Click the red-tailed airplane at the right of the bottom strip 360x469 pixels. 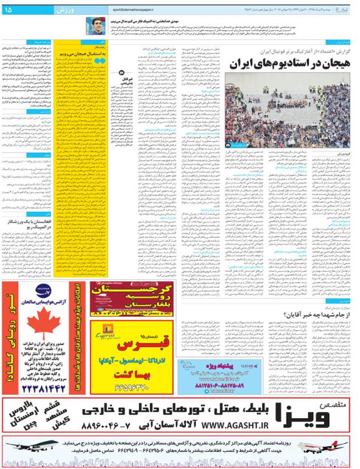341,446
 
